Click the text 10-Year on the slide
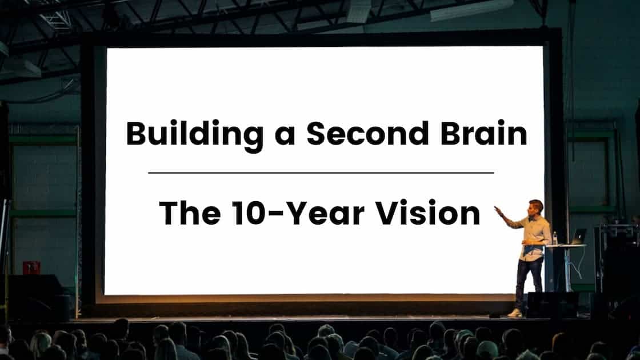[294, 213]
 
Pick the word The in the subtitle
[189, 213]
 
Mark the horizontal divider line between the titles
[321, 172]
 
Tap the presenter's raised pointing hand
[498, 210]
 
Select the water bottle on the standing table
[554, 238]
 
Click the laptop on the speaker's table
[578, 237]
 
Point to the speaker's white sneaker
[516, 313]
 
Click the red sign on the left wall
[31, 267]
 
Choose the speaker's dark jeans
[529, 280]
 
